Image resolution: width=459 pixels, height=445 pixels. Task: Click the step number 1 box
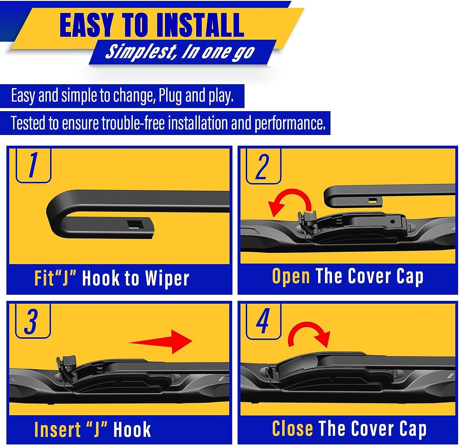[x=33, y=165]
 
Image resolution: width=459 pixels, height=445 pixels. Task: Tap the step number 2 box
[x=263, y=166]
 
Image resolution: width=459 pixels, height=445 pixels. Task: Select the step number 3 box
[x=32, y=321]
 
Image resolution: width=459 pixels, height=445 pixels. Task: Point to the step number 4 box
[x=263, y=321]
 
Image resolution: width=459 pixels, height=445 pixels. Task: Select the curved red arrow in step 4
[x=309, y=334]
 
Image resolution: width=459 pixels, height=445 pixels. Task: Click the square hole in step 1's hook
[x=136, y=224]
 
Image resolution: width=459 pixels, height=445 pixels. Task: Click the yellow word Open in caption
[x=291, y=276]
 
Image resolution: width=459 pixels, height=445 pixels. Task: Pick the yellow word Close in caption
[x=292, y=428]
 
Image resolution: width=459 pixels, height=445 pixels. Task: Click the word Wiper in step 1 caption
[x=167, y=279]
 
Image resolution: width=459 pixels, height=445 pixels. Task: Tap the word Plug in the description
[x=170, y=96]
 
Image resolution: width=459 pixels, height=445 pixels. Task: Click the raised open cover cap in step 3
[x=67, y=367]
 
